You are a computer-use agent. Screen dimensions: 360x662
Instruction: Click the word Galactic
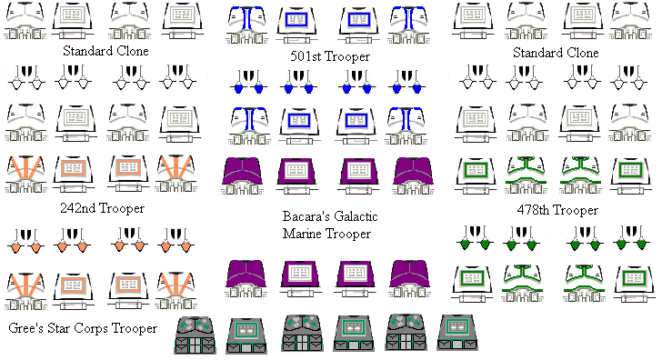click(354, 217)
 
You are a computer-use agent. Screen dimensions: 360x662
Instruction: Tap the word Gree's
click(25, 327)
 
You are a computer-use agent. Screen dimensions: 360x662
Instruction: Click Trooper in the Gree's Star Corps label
click(136, 327)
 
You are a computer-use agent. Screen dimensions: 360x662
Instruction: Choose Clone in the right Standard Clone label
click(581, 53)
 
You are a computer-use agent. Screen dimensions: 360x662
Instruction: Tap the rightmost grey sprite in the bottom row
click(457, 334)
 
